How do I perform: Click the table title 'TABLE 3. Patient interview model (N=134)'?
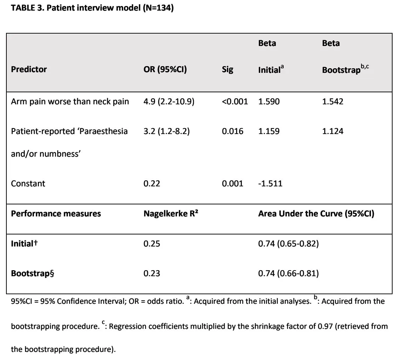click(92, 8)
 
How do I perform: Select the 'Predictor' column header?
click(29, 69)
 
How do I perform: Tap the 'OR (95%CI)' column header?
click(165, 69)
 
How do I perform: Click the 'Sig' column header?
click(227, 70)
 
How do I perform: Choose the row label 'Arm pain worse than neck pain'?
click(70, 101)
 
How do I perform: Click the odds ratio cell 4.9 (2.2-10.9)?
click(169, 101)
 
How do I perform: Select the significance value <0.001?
click(235, 101)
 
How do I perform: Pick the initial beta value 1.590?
click(269, 101)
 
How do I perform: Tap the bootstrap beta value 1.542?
click(333, 101)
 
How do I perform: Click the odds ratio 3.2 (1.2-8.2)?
click(167, 131)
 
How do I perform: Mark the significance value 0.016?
click(233, 131)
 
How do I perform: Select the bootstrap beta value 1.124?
click(333, 131)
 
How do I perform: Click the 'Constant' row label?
click(28, 184)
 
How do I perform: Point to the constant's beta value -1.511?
click(270, 184)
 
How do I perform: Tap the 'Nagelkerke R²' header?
click(171, 214)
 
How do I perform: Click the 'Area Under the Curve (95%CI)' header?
click(316, 214)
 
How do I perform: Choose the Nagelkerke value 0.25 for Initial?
click(152, 244)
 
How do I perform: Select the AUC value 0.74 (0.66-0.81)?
click(288, 273)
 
